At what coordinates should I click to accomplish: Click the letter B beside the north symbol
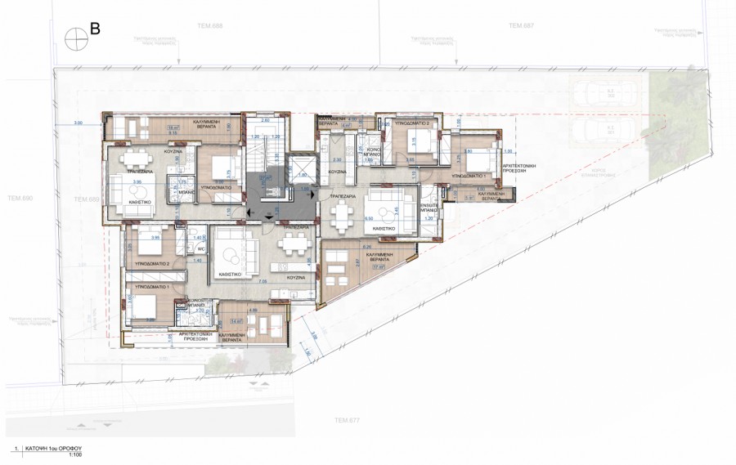tap(95, 29)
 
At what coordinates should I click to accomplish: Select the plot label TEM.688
tap(211, 26)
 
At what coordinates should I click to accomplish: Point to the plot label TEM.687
tap(521, 26)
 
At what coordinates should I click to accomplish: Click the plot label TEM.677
tap(347, 420)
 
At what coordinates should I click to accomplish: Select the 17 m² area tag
tap(379, 266)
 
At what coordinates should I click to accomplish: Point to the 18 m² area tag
tap(173, 128)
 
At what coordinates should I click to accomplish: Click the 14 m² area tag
tap(239, 321)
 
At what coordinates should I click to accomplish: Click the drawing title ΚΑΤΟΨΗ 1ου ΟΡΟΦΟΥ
tap(58, 449)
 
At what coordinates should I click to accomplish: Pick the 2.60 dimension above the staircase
tap(265, 121)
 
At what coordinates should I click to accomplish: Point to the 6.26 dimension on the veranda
tap(366, 246)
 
